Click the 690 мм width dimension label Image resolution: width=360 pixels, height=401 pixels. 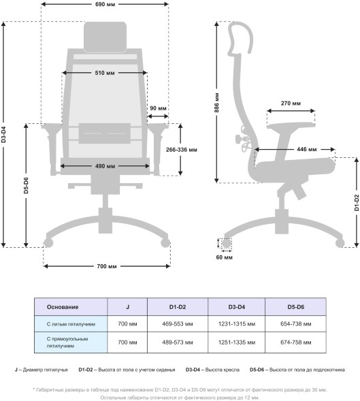[x=105, y=4]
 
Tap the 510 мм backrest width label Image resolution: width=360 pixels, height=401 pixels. [x=105, y=73]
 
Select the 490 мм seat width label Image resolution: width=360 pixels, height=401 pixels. [x=105, y=166]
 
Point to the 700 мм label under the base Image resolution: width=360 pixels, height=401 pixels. [x=107, y=266]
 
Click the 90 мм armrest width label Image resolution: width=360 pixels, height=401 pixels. [x=158, y=108]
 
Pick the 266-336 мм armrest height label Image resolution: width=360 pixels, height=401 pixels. [x=181, y=150]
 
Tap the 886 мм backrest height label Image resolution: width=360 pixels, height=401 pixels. [x=216, y=103]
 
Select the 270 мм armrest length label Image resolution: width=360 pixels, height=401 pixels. [x=291, y=103]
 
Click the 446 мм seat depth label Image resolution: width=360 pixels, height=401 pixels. [x=306, y=149]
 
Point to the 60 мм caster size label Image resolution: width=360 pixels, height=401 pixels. [x=224, y=257]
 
